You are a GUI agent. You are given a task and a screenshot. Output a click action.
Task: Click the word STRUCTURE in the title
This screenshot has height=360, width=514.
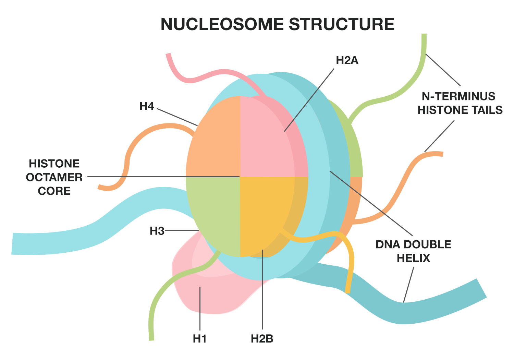pyautogui.click(x=341, y=24)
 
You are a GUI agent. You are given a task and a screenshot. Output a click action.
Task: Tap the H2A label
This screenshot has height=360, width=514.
pyautogui.click(x=347, y=60)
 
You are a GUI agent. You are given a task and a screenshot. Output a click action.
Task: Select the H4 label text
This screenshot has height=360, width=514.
pyautogui.click(x=147, y=106)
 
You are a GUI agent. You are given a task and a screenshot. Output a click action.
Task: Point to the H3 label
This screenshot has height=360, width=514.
pyautogui.click(x=157, y=231)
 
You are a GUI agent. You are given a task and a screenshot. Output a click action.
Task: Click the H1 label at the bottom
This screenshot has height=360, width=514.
pyautogui.click(x=199, y=339)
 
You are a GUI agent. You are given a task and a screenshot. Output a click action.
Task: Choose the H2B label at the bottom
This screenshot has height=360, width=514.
pyautogui.click(x=262, y=339)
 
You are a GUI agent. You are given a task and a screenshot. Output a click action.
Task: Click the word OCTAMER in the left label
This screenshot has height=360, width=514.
pyautogui.click(x=54, y=177)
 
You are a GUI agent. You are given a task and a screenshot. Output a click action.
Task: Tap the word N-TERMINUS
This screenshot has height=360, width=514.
pyautogui.click(x=458, y=96)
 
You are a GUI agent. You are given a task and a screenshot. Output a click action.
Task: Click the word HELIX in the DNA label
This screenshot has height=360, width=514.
pyautogui.click(x=413, y=258)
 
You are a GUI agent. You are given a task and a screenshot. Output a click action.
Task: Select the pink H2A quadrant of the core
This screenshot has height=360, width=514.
pyautogui.click(x=264, y=144)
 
